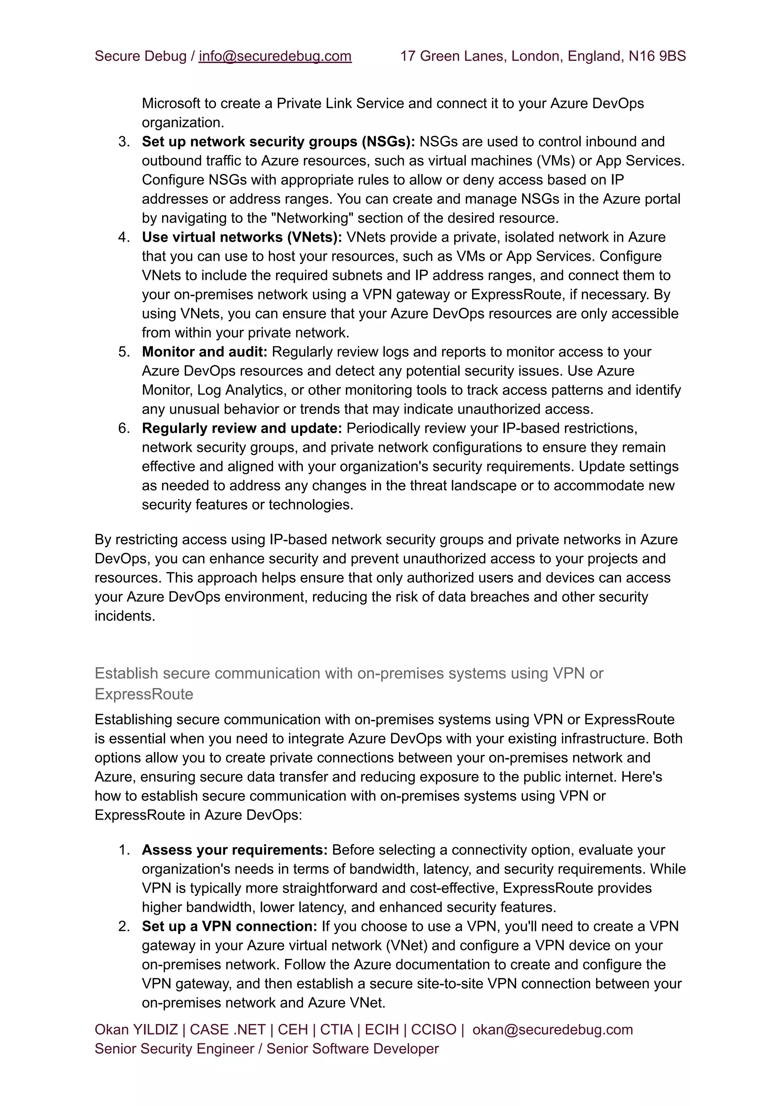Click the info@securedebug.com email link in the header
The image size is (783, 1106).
coord(275,57)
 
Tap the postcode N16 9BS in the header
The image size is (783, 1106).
coord(657,57)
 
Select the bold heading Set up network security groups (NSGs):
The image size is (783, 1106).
coord(278,142)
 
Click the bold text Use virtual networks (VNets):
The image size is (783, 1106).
coord(242,237)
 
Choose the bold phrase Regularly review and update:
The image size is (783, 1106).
coord(242,428)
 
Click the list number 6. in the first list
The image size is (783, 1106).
coord(124,428)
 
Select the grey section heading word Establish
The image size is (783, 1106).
coord(126,673)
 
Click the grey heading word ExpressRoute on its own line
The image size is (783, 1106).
coord(144,694)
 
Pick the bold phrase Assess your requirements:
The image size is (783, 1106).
coord(234,850)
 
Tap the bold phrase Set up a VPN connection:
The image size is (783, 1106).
coord(229,927)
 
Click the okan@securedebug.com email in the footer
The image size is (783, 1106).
coord(552,1030)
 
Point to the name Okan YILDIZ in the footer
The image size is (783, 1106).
coord(136,1030)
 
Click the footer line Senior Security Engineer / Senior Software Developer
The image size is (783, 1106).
coord(266,1049)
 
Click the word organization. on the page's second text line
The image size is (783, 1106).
coord(183,123)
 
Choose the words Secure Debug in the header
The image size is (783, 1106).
coord(140,57)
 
